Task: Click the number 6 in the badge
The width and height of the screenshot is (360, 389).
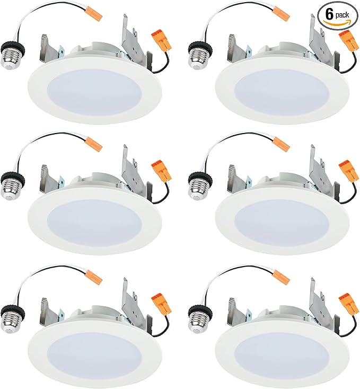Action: (329, 15)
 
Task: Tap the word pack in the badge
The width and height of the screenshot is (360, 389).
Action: (342, 15)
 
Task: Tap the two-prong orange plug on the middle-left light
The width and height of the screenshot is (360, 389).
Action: (162, 172)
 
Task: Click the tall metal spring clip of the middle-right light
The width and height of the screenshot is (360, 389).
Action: (320, 169)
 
